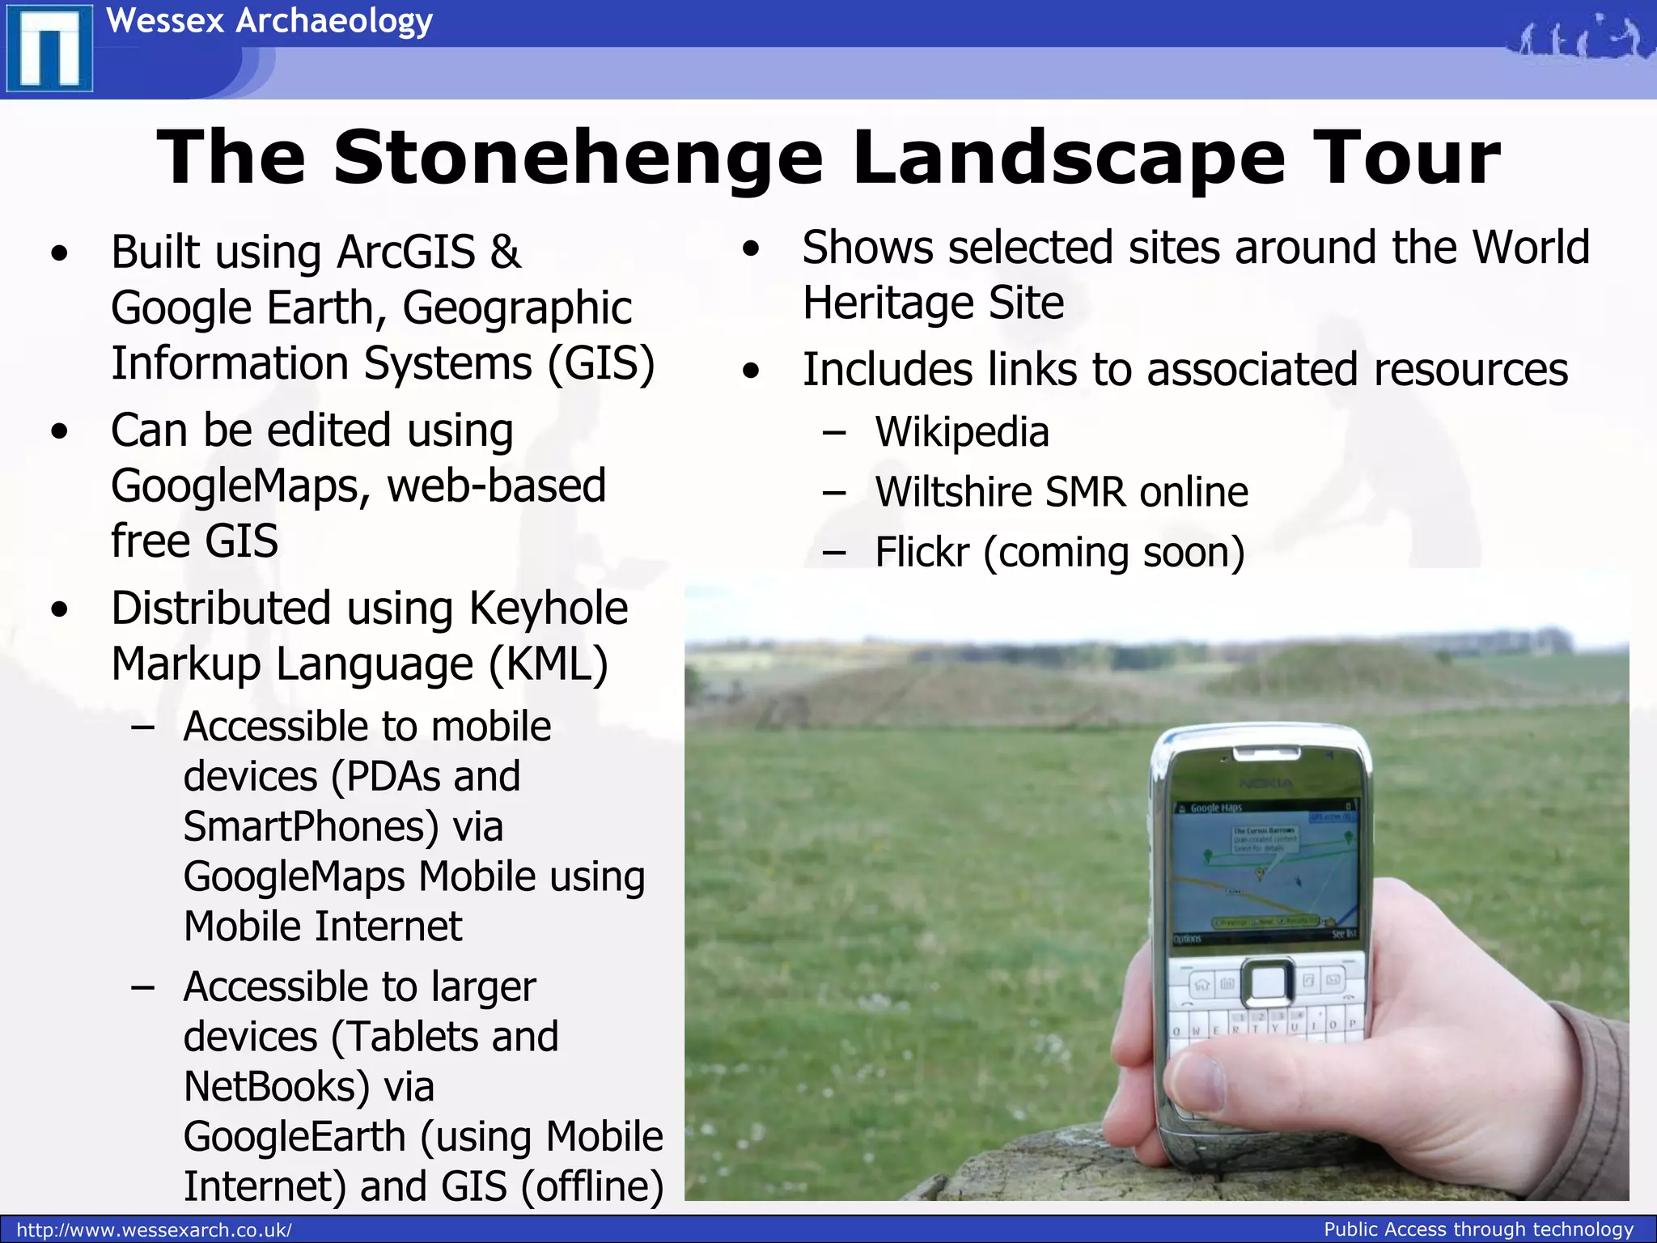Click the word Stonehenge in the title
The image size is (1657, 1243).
click(578, 157)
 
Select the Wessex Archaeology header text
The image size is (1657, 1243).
click(269, 21)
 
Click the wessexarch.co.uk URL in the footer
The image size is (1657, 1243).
click(154, 1230)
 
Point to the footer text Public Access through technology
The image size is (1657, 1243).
click(1478, 1229)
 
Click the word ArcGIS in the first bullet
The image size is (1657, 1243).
click(405, 252)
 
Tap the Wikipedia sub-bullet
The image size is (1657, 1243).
click(962, 431)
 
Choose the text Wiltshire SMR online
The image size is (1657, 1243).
click(1062, 492)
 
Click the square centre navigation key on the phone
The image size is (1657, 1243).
click(1267, 982)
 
